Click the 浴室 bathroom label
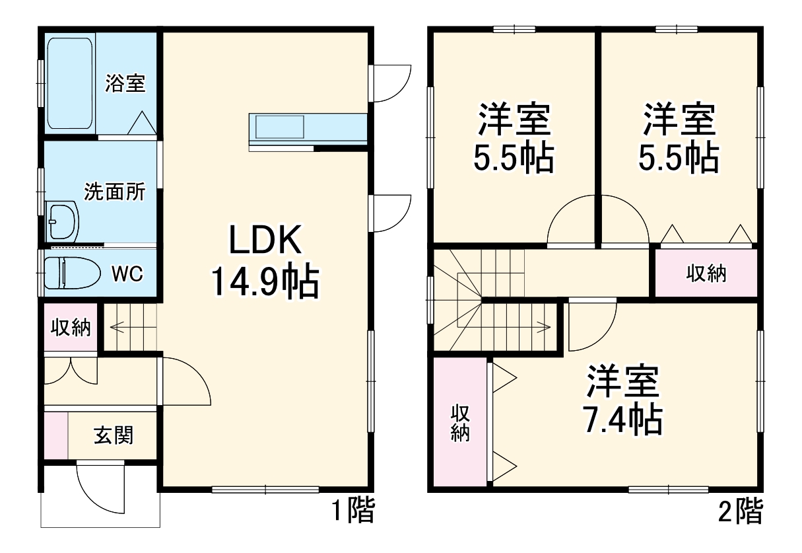click(x=125, y=83)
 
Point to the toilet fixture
click(x=70, y=272)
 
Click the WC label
click(x=127, y=273)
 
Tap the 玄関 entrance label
click(x=114, y=435)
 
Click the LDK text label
click(x=265, y=241)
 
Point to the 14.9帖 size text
click(x=265, y=282)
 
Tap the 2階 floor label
click(x=740, y=511)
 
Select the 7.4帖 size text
click(x=621, y=418)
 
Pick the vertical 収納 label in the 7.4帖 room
click(x=460, y=423)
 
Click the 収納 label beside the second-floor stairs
click(x=706, y=273)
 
